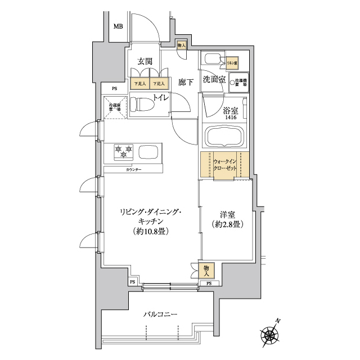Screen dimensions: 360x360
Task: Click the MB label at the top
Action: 118,26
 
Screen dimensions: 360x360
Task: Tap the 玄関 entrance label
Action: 145,61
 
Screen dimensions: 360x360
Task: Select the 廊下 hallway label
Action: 186,82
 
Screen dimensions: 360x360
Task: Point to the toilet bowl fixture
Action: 143,105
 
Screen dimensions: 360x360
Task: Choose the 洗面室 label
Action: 214,80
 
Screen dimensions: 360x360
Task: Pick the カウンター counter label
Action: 133,169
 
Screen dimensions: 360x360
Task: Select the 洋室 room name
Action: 228,215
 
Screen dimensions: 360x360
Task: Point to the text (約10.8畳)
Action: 148,231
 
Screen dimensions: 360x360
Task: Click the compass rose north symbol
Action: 271,336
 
